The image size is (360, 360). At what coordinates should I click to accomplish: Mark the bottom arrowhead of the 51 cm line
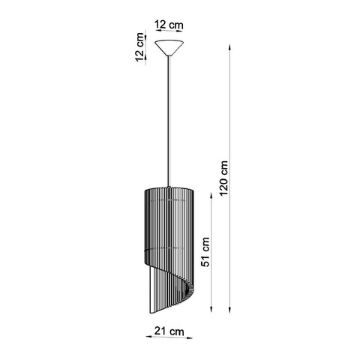pyautogui.click(x=216, y=310)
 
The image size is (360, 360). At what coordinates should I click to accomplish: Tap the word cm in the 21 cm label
pyautogui.click(x=179, y=331)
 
